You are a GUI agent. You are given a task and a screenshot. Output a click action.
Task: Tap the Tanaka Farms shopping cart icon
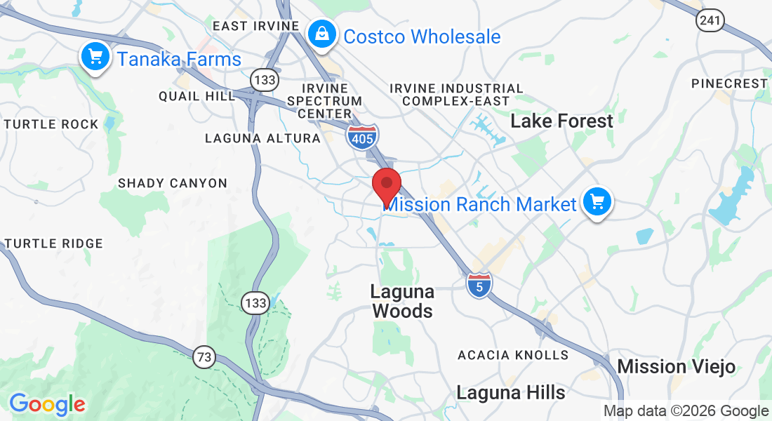click(94, 57)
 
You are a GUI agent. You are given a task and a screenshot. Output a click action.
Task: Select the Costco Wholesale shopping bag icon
click(321, 34)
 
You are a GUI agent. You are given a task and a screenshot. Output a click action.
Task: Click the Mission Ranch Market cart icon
click(597, 203)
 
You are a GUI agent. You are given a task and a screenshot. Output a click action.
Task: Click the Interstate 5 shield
click(479, 284)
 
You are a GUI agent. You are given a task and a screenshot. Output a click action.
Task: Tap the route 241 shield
click(710, 20)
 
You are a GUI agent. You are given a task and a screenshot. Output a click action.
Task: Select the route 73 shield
click(204, 357)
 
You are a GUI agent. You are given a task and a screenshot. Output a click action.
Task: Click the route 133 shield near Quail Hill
click(265, 80)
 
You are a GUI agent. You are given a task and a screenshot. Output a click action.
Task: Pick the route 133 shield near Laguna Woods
click(255, 303)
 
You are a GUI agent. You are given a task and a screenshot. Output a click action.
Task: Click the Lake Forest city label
click(561, 121)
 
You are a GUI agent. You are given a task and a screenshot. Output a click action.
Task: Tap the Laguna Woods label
click(403, 301)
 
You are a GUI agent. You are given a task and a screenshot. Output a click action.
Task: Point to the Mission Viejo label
click(676, 366)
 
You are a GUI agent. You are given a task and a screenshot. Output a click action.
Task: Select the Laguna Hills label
click(510, 392)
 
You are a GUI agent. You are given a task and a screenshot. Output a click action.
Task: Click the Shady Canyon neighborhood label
click(173, 183)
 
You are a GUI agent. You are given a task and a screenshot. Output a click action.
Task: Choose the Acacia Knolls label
click(513, 355)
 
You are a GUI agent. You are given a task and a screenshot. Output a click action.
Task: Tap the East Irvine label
click(255, 26)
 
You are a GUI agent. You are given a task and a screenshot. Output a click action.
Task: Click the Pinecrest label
click(729, 83)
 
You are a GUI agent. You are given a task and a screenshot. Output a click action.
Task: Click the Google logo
click(47, 404)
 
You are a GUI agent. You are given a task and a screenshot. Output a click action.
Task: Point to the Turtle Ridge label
click(54, 243)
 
